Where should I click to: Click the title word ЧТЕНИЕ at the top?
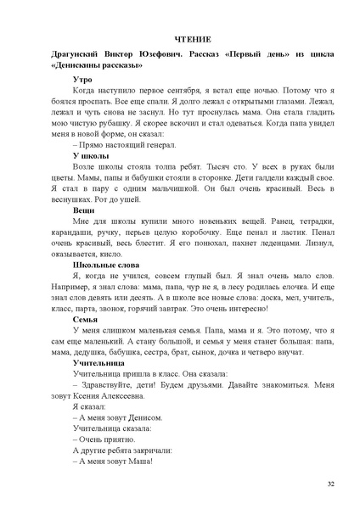click(180, 39)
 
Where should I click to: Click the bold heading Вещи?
click(84, 210)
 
